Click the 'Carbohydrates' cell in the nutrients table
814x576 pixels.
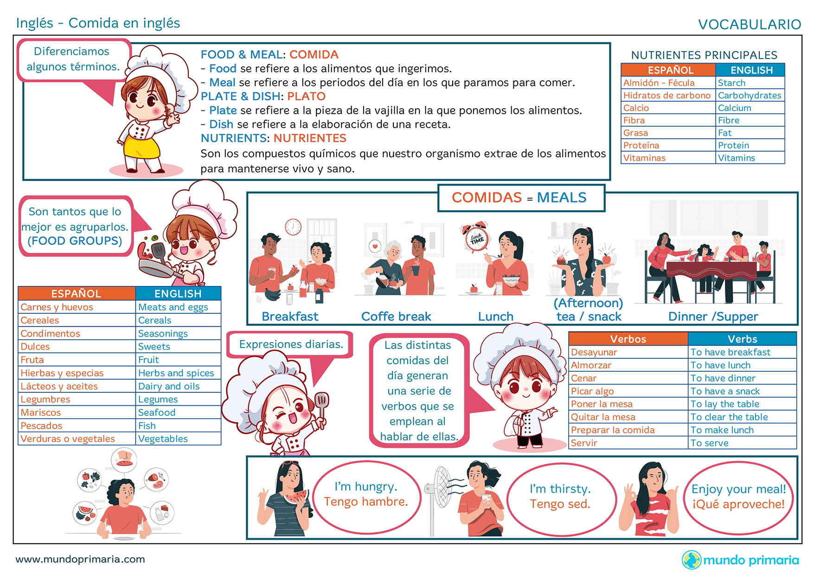(x=750, y=95)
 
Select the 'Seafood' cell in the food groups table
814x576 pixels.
(x=178, y=412)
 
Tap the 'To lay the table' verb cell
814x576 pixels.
(x=742, y=404)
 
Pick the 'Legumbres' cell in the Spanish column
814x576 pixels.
(x=77, y=399)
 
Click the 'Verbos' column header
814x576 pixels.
(x=628, y=339)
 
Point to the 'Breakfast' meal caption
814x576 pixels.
(x=290, y=317)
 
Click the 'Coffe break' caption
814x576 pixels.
(x=396, y=317)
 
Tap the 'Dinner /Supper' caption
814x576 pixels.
(x=713, y=317)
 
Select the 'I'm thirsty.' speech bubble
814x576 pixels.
(x=560, y=497)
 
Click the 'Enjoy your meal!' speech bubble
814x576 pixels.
(x=738, y=497)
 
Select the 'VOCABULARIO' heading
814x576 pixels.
(x=750, y=25)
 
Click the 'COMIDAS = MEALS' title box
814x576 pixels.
(x=521, y=198)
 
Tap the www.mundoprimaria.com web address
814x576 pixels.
(x=80, y=559)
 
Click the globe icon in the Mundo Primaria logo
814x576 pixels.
(x=692, y=560)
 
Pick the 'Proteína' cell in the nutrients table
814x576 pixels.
(x=668, y=145)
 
